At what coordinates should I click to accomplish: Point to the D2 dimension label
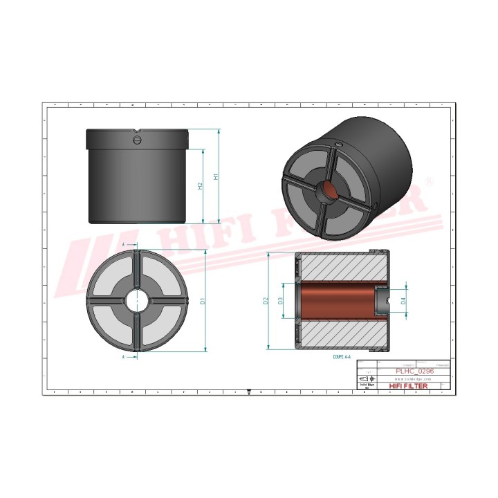click(266, 302)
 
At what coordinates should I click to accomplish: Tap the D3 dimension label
click(280, 302)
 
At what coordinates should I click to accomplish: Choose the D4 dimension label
click(403, 302)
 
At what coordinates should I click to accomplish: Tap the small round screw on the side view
click(137, 141)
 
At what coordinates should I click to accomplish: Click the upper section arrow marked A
click(124, 245)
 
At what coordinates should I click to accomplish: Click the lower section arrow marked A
click(124, 358)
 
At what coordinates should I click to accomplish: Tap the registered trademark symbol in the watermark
click(429, 181)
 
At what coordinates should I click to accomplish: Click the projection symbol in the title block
click(365, 379)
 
